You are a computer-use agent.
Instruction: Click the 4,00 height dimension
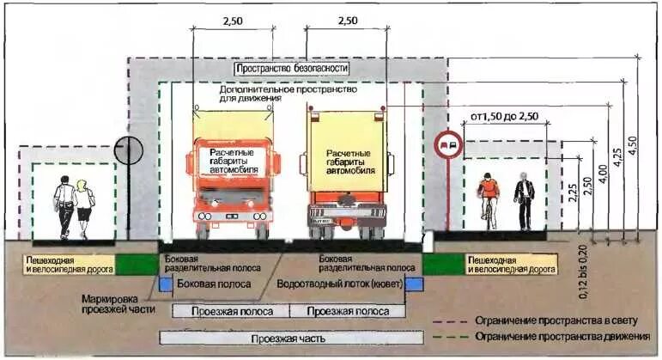pos(603,173)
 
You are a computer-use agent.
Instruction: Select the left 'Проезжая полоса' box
pos(232,311)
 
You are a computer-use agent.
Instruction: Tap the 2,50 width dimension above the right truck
pos(347,19)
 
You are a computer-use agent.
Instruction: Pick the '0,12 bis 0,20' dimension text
pos(583,272)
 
